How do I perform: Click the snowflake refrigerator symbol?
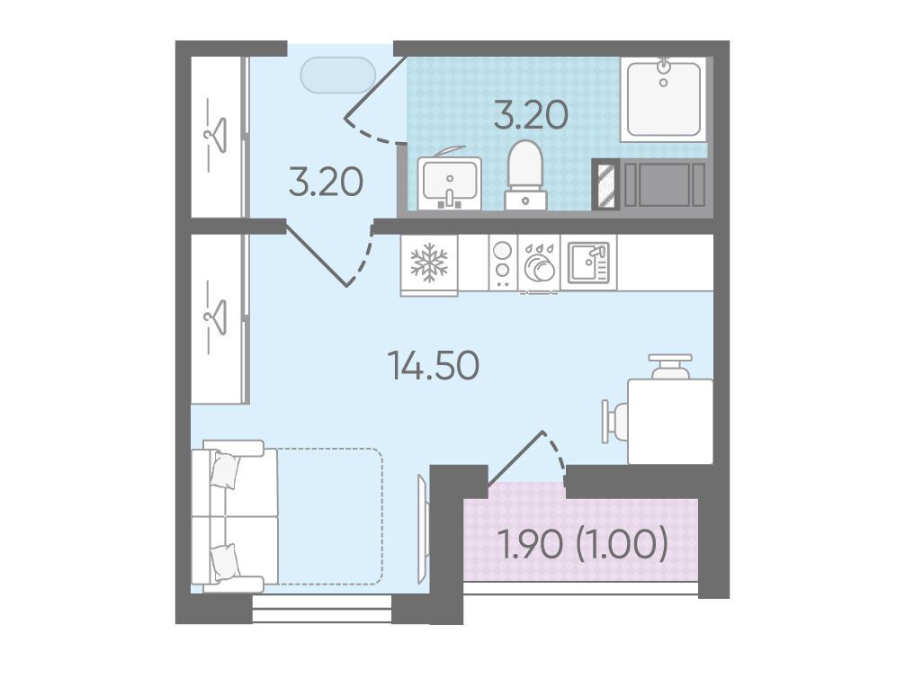(x=429, y=263)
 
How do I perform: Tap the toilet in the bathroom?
(x=525, y=174)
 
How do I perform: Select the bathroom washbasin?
(x=450, y=180)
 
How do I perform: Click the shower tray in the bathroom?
(x=664, y=99)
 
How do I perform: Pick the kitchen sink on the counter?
(x=588, y=263)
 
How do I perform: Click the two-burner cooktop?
(x=503, y=263)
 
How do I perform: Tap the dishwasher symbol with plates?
(x=540, y=263)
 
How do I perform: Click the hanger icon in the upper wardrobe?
(x=215, y=135)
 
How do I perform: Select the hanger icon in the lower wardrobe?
(x=215, y=317)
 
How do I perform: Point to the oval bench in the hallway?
(x=338, y=75)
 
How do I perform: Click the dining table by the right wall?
(x=670, y=421)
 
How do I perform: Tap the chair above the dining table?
(x=670, y=366)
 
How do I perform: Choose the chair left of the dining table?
(x=614, y=421)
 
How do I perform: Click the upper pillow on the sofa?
(x=225, y=470)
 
